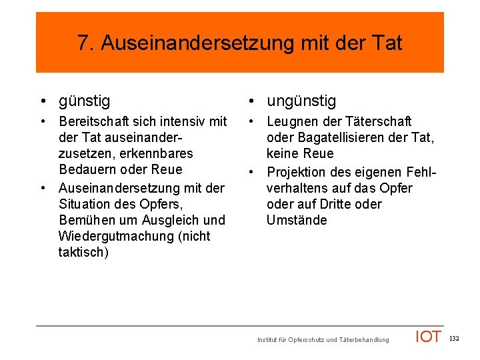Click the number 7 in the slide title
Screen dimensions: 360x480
[83, 43]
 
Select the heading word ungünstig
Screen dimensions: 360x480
[301, 101]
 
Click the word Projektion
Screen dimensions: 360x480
[297, 172]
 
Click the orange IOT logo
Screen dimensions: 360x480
[428, 337]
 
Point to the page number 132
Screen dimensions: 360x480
[454, 339]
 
